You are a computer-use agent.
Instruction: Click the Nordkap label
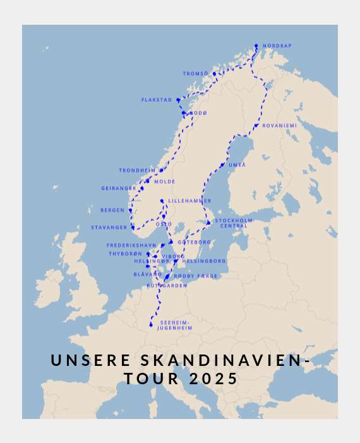tap(277, 46)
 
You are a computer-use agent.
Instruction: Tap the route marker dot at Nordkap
tap(256, 46)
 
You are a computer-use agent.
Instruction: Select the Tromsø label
tap(195, 74)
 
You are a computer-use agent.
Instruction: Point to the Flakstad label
tap(157, 100)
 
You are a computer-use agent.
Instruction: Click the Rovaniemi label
tap(279, 126)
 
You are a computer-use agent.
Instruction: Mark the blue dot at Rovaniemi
tap(256, 126)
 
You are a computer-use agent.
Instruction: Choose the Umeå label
tap(237, 165)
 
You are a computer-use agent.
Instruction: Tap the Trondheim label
tap(137, 171)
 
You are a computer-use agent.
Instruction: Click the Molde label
tap(165, 182)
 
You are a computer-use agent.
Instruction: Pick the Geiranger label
tap(119, 188)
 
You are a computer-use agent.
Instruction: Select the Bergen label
tap(112, 210)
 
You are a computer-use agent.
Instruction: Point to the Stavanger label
tap(109, 228)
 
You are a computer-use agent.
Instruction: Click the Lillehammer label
tap(189, 201)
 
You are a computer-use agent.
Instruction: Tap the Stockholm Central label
tap(234, 223)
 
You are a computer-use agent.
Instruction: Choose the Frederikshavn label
tap(131, 245)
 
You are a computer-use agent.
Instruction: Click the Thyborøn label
tap(126, 254)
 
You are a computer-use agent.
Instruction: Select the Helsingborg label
tap(204, 261)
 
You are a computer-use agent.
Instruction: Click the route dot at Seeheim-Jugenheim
tap(151, 325)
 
